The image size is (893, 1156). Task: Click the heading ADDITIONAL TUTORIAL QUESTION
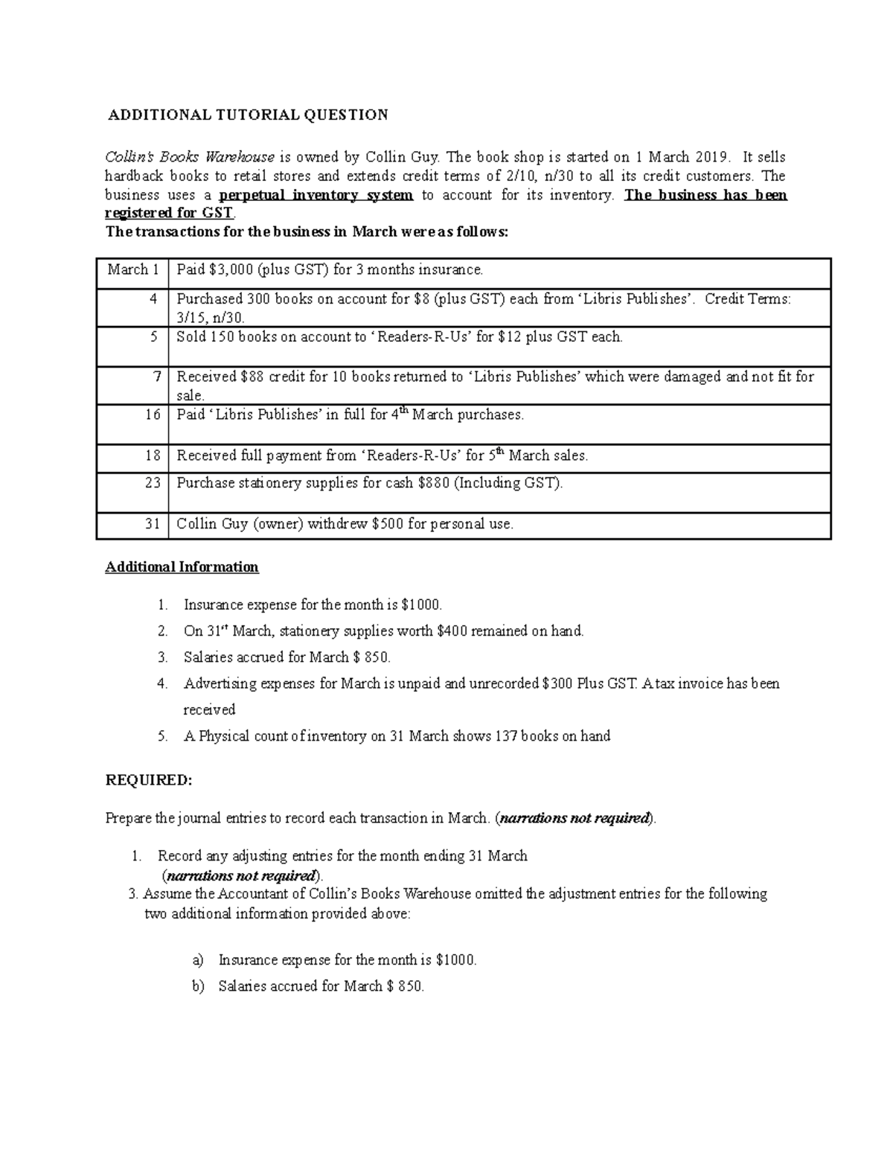coord(248,115)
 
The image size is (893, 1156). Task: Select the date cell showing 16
coord(153,415)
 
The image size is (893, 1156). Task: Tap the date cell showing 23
coord(153,483)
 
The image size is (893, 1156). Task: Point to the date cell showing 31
coord(153,524)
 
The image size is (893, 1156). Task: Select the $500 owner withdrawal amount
coord(387,524)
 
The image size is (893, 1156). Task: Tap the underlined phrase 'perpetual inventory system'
coord(316,195)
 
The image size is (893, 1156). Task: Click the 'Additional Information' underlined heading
coord(182,567)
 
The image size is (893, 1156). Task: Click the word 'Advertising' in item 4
coord(220,683)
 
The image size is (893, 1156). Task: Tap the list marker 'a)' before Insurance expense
coord(197,960)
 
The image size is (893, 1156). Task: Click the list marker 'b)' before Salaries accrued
coord(197,986)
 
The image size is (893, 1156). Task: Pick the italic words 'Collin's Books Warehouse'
coord(190,157)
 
